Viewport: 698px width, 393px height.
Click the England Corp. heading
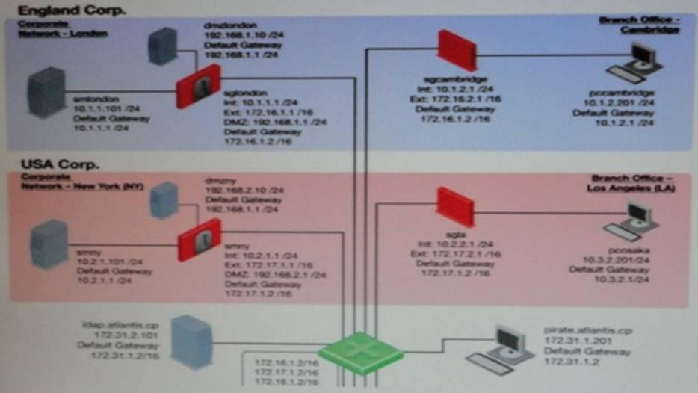pos(72,10)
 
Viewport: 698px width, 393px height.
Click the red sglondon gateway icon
pos(198,86)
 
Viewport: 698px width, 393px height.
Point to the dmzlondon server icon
pos(163,46)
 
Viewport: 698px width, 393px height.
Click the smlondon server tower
pos(48,91)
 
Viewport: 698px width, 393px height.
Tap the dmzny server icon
pos(164,199)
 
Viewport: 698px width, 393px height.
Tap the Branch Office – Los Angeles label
pos(632,183)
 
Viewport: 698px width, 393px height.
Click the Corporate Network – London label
pos(63,29)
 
